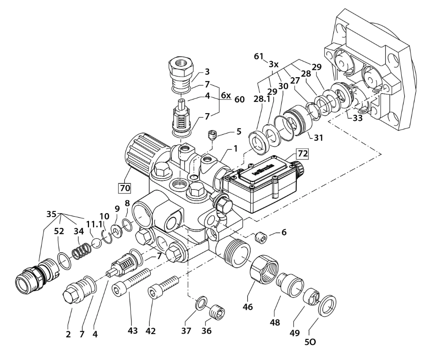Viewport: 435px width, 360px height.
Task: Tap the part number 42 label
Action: (150, 330)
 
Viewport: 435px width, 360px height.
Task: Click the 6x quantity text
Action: (225, 96)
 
